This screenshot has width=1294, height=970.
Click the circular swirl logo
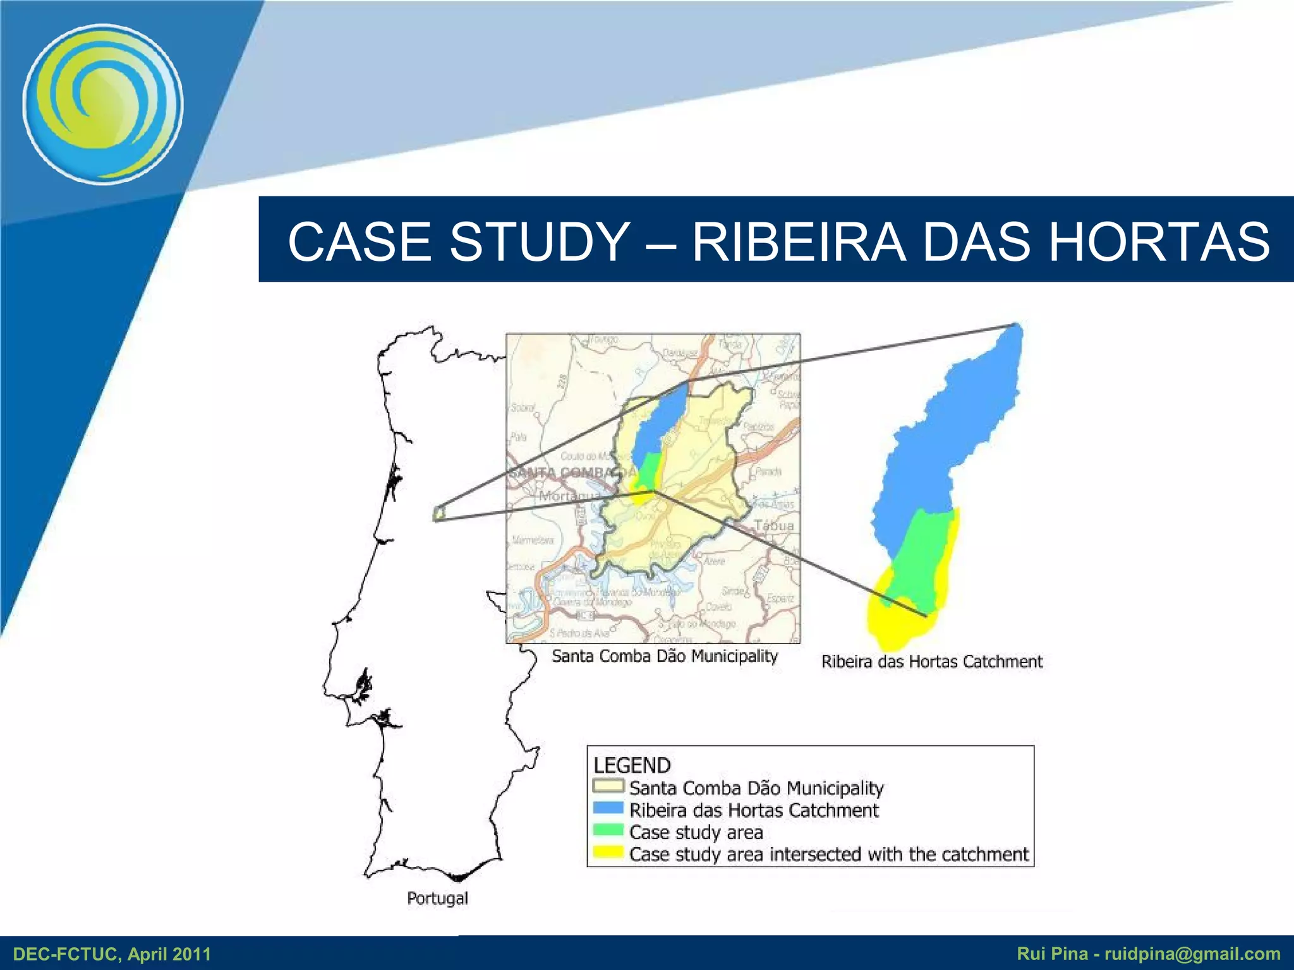click(103, 104)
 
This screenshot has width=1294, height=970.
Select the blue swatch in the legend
click(608, 809)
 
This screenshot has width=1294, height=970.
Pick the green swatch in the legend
click(608, 831)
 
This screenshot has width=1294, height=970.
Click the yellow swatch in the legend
click(608, 853)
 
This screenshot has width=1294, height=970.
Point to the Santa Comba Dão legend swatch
click(608, 787)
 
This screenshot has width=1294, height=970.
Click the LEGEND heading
click(631, 765)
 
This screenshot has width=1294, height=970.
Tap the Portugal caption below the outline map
click(437, 898)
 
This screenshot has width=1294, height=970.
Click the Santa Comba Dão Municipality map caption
click(665, 656)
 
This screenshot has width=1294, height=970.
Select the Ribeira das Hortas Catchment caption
click(931, 661)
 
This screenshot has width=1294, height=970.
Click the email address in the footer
click(1192, 954)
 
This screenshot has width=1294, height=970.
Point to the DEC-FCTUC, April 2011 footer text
click(112, 954)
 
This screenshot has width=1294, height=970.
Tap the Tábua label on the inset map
click(774, 525)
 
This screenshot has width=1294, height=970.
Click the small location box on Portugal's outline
click(439, 513)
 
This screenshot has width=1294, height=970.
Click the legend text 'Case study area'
click(696, 832)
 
